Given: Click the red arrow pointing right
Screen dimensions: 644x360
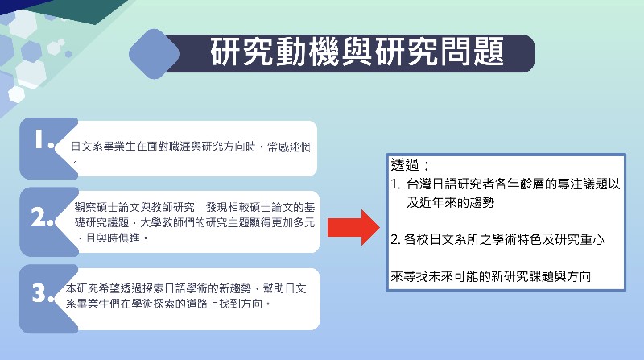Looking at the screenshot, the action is click(353, 227).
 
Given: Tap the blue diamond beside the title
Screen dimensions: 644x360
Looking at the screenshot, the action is click(154, 54).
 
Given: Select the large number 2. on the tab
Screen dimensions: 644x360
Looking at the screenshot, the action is click(43, 217).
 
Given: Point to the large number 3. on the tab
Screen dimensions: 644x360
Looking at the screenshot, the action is click(43, 293).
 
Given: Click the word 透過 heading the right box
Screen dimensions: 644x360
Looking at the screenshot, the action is click(404, 165).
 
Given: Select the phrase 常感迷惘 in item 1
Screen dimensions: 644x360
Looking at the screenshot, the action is click(289, 147).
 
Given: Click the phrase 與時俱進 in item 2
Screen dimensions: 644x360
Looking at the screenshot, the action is click(113, 238).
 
